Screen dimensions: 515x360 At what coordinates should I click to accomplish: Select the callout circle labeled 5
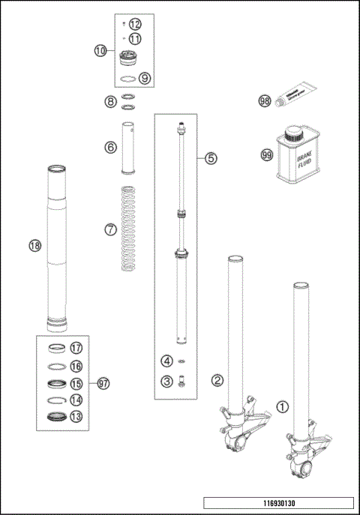[211, 158]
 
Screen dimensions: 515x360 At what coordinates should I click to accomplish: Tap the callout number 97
[103, 383]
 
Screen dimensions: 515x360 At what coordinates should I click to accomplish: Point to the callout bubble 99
[265, 155]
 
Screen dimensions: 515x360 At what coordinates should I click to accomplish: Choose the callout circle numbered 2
[216, 380]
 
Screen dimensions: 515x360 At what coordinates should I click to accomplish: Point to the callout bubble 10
[100, 51]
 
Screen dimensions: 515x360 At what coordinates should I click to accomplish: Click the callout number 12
[134, 25]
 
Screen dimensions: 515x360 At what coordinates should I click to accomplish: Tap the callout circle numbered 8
[110, 100]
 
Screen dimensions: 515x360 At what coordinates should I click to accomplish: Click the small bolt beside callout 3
[181, 384]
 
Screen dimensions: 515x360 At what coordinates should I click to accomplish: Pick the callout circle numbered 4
[166, 361]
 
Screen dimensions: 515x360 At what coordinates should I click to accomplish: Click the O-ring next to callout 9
[128, 78]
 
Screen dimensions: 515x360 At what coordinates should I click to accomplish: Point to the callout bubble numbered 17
[76, 348]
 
